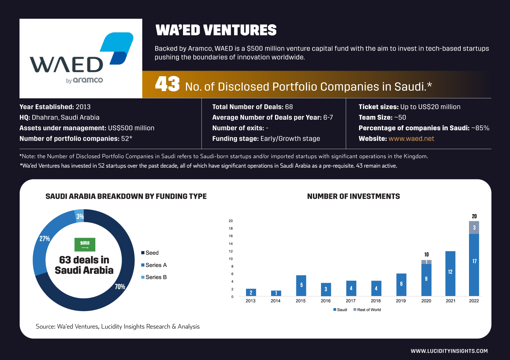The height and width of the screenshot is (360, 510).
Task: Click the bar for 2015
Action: pyautogui.click(x=301, y=286)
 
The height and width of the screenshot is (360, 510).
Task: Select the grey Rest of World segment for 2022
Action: pyautogui.click(x=474, y=227)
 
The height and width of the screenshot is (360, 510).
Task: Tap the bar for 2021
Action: pyautogui.click(x=450, y=273)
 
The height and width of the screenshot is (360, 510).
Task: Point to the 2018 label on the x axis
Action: pyautogui.click(x=376, y=301)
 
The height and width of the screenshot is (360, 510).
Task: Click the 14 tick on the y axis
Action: pyautogui.click(x=231, y=244)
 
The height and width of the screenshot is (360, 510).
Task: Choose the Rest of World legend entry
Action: pyautogui.click(x=367, y=310)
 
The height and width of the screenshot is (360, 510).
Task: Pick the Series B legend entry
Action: pyautogui.click(x=154, y=277)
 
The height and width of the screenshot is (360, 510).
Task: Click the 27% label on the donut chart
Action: pyautogui.click(x=45, y=238)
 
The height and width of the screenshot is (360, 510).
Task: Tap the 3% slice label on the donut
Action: pyautogui.click(x=80, y=216)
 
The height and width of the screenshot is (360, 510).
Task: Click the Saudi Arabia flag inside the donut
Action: pyautogui.click(x=85, y=245)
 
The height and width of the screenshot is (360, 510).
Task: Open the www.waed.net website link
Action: pyautogui.click(x=411, y=138)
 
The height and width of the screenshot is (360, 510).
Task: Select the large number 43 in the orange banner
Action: pyautogui.click(x=167, y=84)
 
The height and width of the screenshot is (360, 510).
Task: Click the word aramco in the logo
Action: pyautogui.click(x=88, y=80)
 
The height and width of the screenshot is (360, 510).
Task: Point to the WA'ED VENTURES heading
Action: pyautogui.click(x=216, y=30)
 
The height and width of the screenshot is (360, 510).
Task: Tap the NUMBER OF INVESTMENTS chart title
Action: pyautogui.click(x=353, y=196)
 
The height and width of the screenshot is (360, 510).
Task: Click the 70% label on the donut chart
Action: pyautogui.click(x=120, y=286)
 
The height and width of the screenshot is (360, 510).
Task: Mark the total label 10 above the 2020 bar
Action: pyautogui.click(x=426, y=254)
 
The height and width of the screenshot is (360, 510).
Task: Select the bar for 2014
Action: pyautogui.click(x=276, y=293)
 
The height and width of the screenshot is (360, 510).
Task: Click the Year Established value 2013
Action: pyautogui.click(x=83, y=107)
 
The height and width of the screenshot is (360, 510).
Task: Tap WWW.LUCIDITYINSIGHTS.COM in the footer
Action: pyautogui.click(x=449, y=351)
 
